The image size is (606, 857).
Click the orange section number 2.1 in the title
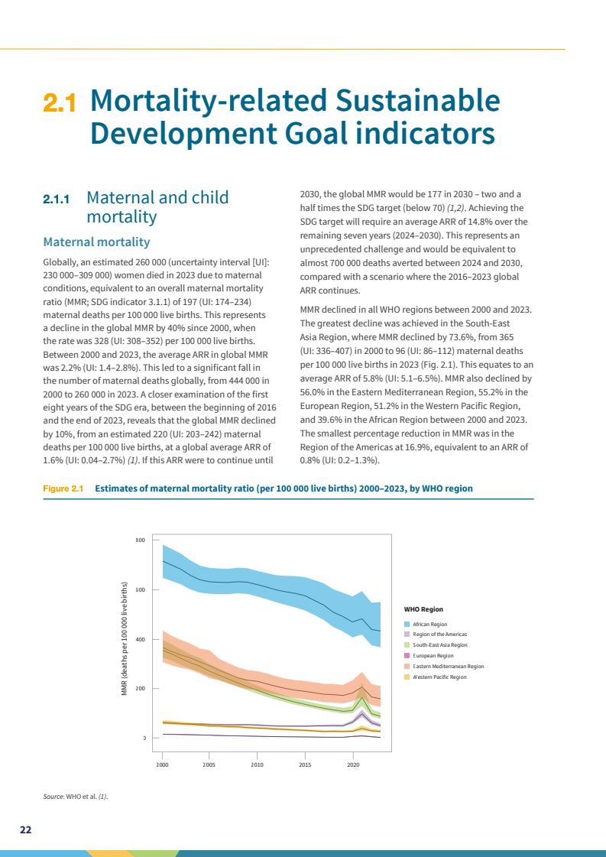click(x=59, y=103)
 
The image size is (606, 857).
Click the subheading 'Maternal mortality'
click(x=96, y=242)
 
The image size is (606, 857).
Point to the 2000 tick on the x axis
click(x=162, y=764)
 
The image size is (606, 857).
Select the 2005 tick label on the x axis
click(x=209, y=764)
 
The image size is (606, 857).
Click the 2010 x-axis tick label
click(x=258, y=764)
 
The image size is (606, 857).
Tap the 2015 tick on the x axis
click(x=305, y=764)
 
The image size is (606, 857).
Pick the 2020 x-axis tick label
click(x=353, y=764)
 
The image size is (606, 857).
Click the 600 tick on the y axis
click(x=141, y=589)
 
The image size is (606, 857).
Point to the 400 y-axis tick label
click(x=141, y=639)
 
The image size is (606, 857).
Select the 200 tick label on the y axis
click(x=141, y=689)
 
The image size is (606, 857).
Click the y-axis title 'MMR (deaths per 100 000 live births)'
click(x=124, y=639)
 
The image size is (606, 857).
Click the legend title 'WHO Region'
click(x=423, y=609)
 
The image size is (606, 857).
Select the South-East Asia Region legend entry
click(x=439, y=645)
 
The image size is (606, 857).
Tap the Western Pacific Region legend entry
click(x=439, y=677)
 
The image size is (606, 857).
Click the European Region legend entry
click(x=433, y=655)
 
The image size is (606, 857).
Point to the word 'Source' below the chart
click(x=53, y=797)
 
